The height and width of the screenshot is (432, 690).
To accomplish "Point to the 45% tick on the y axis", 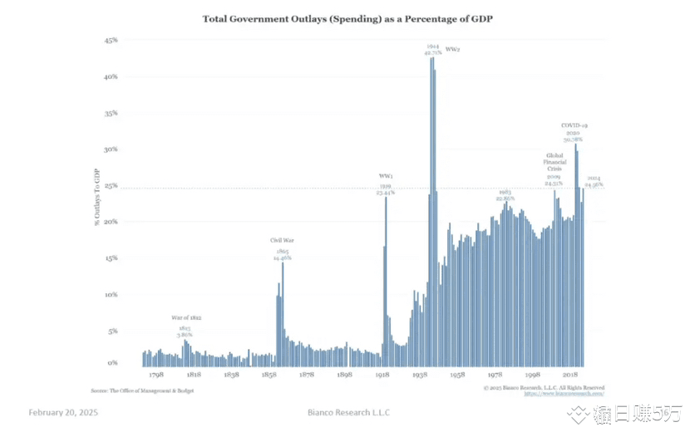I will pyautogui.click(x=111, y=40).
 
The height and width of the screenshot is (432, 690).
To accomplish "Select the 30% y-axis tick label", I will pyautogui.click(x=111, y=150).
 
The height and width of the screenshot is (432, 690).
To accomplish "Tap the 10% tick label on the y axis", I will pyautogui.click(x=111, y=294).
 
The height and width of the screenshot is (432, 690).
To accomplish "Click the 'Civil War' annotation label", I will pyautogui.click(x=283, y=240).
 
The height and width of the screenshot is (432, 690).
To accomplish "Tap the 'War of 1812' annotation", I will pyautogui.click(x=186, y=318).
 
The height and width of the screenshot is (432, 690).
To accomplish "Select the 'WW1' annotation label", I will pyautogui.click(x=386, y=176).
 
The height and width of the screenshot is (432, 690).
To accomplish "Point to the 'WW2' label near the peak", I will pyautogui.click(x=453, y=50).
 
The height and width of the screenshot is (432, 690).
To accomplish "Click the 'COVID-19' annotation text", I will pyautogui.click(x=574, y=125).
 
